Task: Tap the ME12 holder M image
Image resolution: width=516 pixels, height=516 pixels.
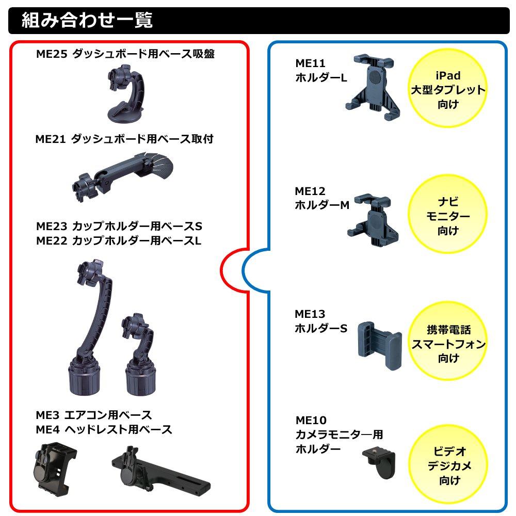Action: pos(373,219)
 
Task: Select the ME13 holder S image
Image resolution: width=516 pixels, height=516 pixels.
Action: pos(380,343)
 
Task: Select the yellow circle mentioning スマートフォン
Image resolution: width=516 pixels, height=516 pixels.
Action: pos(448,344)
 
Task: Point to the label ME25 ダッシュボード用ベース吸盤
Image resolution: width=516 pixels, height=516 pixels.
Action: pos(125,54)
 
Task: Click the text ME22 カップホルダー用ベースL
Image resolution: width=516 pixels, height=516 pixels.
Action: pos(119,240)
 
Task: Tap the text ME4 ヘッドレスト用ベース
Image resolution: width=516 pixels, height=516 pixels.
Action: pos(104,429)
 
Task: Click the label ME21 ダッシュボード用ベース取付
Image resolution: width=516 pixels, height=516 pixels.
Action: pos(124,139)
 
